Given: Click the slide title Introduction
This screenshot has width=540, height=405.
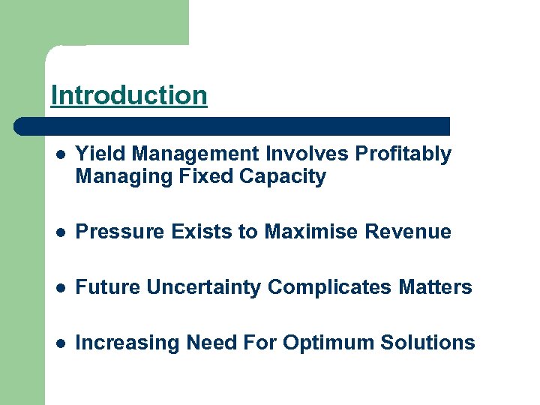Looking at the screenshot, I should coord(128,96).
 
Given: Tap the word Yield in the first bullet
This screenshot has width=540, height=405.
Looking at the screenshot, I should coord(95,154).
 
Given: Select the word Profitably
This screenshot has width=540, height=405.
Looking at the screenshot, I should coord(403,154).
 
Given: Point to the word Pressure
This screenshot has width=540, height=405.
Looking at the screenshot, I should coord(112,232).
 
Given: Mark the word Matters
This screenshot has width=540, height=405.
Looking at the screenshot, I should coord(437,288).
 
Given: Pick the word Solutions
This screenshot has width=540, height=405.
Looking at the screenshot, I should coord(427,343).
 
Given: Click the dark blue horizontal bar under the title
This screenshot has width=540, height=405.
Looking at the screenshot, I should coord(232,126).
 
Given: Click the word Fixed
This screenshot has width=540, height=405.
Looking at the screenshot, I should coord(207,178).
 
